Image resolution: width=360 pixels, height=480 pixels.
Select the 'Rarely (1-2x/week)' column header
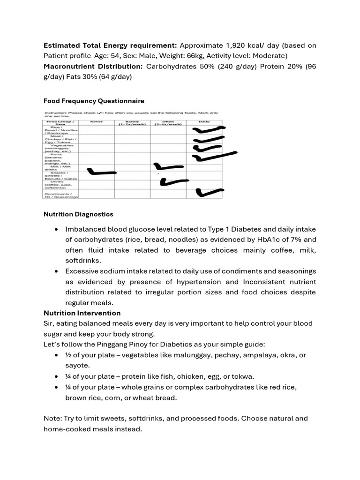[x=132, y=123]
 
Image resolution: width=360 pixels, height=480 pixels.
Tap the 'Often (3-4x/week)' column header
[x=168, y=123]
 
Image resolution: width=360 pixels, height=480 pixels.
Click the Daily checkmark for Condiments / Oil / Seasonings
[x=210, y=192]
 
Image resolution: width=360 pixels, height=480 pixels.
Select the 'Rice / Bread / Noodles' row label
[x=61, y=129]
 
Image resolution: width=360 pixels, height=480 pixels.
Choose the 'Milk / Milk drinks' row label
[x=61, y=167]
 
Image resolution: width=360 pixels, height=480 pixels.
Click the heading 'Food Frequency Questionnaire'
[x=94, y=101]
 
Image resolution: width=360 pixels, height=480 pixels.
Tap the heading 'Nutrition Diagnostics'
[x=78, y=214]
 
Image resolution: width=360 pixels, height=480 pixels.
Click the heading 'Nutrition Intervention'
[x=82, y=313]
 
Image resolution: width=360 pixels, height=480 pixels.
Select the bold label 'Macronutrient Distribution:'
[x=93, y=66]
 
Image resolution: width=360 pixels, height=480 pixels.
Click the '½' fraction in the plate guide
[x=68, y=355]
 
